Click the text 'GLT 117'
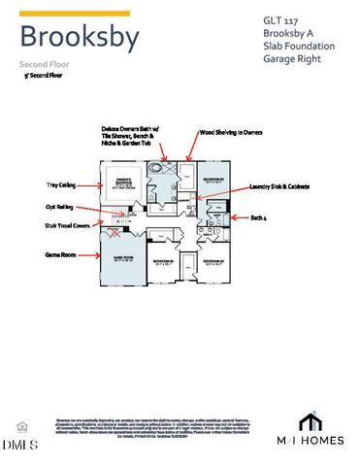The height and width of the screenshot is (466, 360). pos(281,19)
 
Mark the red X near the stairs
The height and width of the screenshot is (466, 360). pos(117,233)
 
